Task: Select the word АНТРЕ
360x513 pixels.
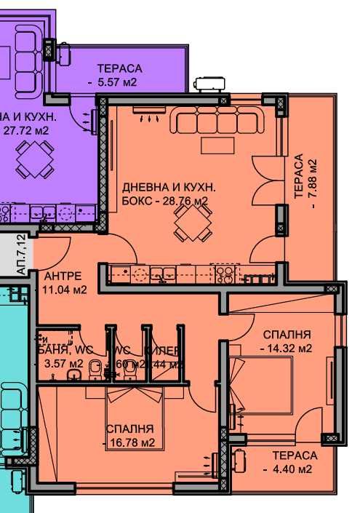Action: click(63, 277)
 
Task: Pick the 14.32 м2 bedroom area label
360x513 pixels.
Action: click(287, 348)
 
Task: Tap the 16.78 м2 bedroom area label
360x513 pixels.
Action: click(133, 442)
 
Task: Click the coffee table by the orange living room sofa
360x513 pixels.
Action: click(218, 146)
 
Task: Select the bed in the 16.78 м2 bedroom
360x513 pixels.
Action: click(134, 422)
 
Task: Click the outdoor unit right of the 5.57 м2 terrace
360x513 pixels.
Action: click(211, 83)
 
